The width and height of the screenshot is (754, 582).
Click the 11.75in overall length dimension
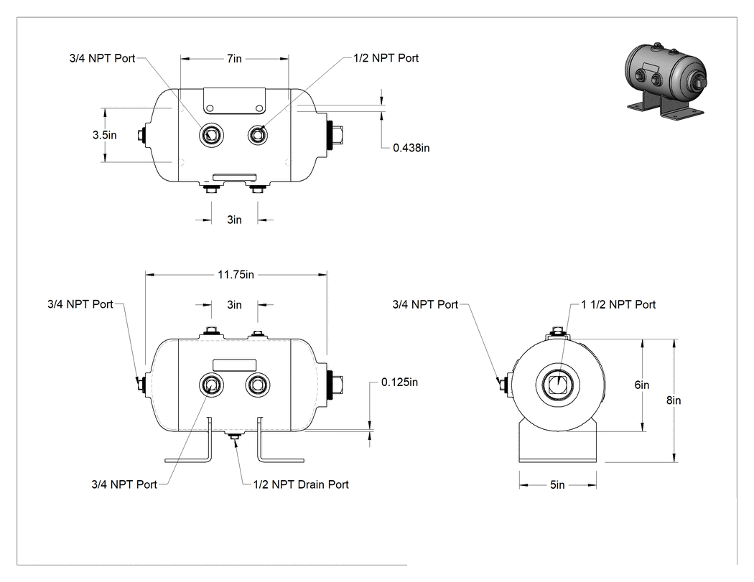[x=236, y=275]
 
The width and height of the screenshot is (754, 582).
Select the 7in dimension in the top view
[x=234, y=59]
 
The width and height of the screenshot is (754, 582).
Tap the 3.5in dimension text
[x=105, y=135]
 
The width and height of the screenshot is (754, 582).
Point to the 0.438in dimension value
[x=411, y=148]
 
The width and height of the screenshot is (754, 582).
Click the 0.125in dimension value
[x=399, y=382]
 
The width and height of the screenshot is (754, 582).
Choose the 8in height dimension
[x=674, y=400]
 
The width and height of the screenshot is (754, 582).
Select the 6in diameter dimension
[x=641, y=385]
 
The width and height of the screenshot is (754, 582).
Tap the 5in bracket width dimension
[x=557, y=485]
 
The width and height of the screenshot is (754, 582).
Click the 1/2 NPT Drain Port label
[x=301, y=484]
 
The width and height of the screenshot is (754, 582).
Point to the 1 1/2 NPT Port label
[x=618, y=305]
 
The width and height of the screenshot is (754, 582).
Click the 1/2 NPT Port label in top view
[x=386, y=58]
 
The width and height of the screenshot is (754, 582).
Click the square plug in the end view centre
[x=557, y=385]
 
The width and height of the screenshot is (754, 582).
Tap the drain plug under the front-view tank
[x=235, y=436]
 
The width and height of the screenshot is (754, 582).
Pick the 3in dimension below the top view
[x=234, y=220]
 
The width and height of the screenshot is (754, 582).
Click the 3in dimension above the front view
[x=234, y=305]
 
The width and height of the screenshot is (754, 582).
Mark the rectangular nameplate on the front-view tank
[x=234, y=365]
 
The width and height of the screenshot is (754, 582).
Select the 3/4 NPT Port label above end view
[x=425, y=305]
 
